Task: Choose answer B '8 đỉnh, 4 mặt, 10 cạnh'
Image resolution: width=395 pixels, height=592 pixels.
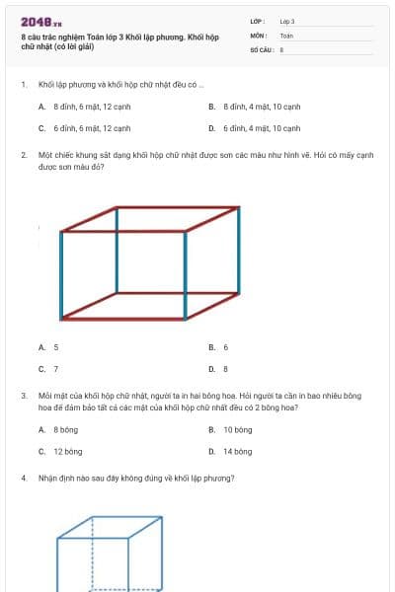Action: tap(255, 106)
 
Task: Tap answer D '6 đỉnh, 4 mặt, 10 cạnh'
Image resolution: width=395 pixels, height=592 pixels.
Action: tap(255, 128)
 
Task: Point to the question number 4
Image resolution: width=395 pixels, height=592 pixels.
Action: tap(23, 478)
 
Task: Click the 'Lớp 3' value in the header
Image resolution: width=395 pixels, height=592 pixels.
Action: tap(287, 21)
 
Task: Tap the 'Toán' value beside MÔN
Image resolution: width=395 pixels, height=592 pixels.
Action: tap(286, 35)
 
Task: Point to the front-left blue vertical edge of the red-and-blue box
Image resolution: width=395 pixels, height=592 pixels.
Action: tap(61, 275)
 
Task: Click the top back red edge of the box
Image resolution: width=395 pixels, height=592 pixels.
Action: tap(178, 207)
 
